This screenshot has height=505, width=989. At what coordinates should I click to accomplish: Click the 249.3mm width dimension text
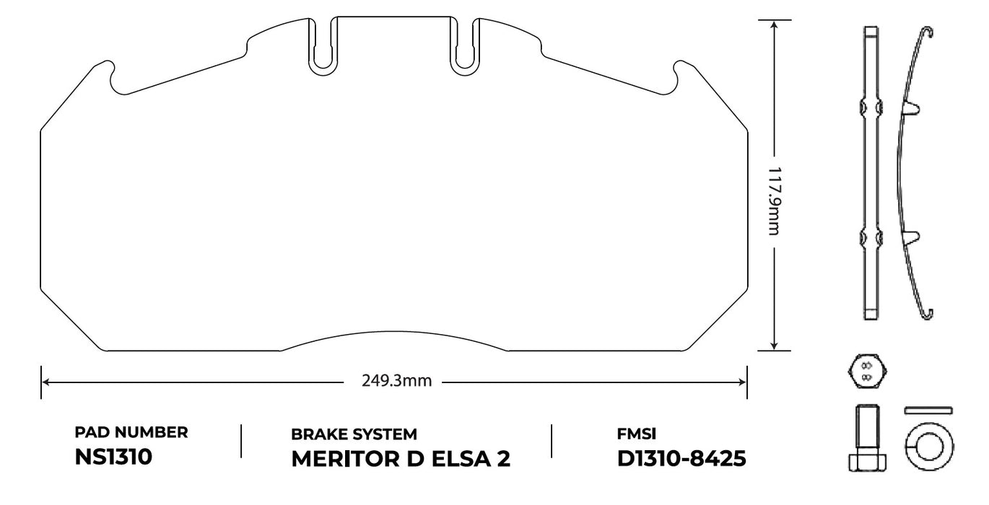tap(396, 381)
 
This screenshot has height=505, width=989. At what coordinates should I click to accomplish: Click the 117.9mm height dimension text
tap(773, 201)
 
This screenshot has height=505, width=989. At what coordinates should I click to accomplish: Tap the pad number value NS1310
tap(113, 457)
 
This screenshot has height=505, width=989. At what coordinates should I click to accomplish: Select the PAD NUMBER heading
tap(131, 432)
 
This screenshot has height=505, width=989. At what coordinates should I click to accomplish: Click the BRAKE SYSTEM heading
tap(354, 434)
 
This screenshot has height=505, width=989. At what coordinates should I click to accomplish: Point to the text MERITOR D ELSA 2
tap(401, 460)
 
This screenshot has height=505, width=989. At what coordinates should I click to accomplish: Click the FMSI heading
tap(637, 434)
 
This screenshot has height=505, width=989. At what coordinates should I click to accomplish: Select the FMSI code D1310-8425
tap(681, 459)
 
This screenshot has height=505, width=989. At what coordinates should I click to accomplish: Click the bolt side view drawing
tap(866, 439)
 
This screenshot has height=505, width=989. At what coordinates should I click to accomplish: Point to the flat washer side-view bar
tap(928, 410)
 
